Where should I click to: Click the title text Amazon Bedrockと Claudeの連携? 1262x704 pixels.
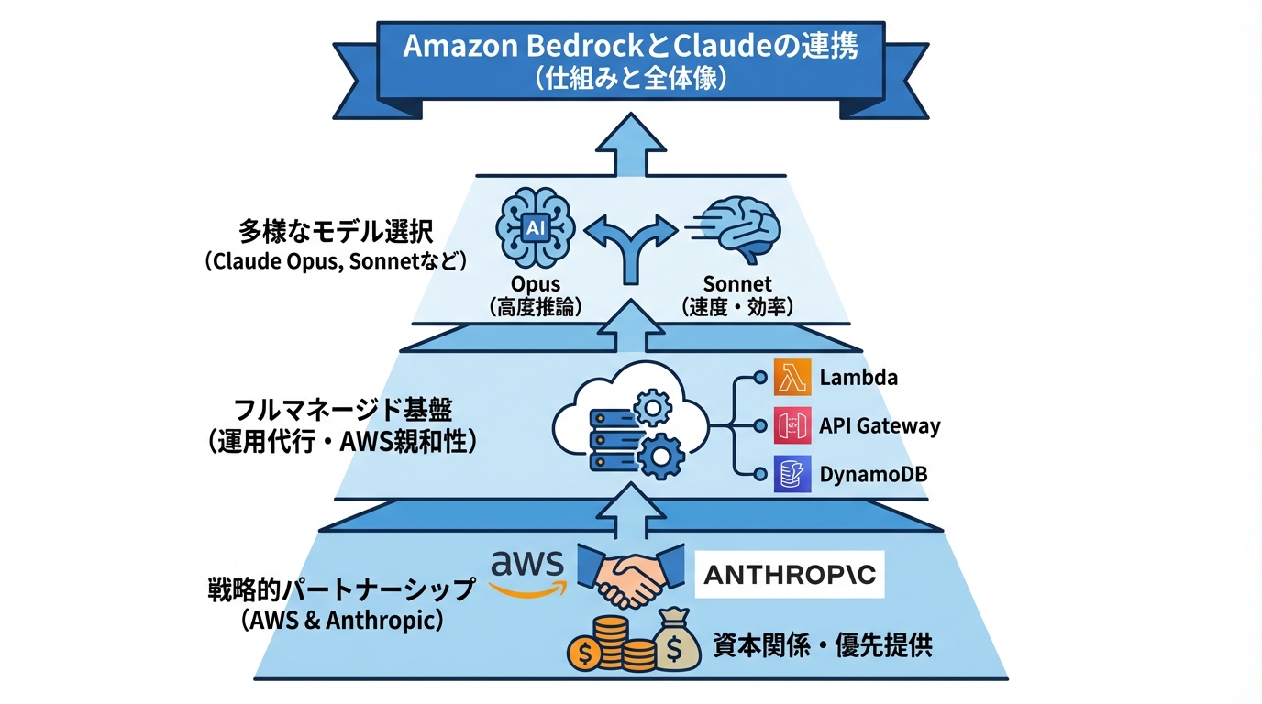click(630, 46)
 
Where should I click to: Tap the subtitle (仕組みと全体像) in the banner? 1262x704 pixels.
click(630, 79)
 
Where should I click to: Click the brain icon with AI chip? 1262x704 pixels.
click(535, 227)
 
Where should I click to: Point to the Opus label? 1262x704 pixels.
click(535, 284)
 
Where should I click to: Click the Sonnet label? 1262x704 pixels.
click(736, 284)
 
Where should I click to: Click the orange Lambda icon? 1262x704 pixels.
click(792, 378)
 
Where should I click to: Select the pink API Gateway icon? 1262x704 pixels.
click(792, 426)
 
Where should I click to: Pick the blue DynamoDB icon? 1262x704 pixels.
click(792, 474)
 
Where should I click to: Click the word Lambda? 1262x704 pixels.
click(858, 378)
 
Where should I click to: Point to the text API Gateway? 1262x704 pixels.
click(880, 426)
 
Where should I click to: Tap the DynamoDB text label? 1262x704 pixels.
click(873, 475)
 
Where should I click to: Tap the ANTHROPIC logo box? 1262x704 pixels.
click(789, 575)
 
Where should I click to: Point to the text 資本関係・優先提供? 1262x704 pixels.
click(823, 645)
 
